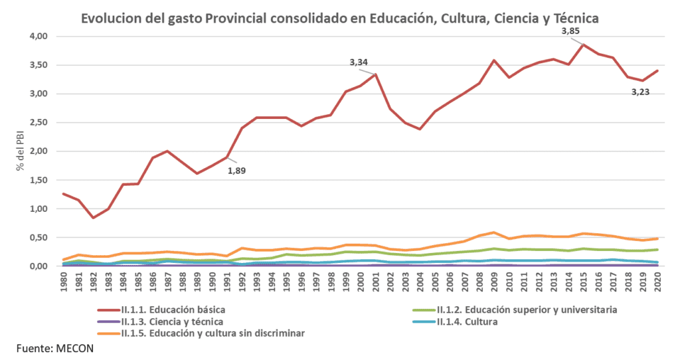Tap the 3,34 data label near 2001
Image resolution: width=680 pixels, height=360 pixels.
pos(359,62)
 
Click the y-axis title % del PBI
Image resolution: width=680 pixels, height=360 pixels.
pos(21,150)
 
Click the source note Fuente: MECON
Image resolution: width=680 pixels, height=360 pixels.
pos(50,349)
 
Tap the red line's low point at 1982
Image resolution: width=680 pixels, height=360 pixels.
pos(94,217)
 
